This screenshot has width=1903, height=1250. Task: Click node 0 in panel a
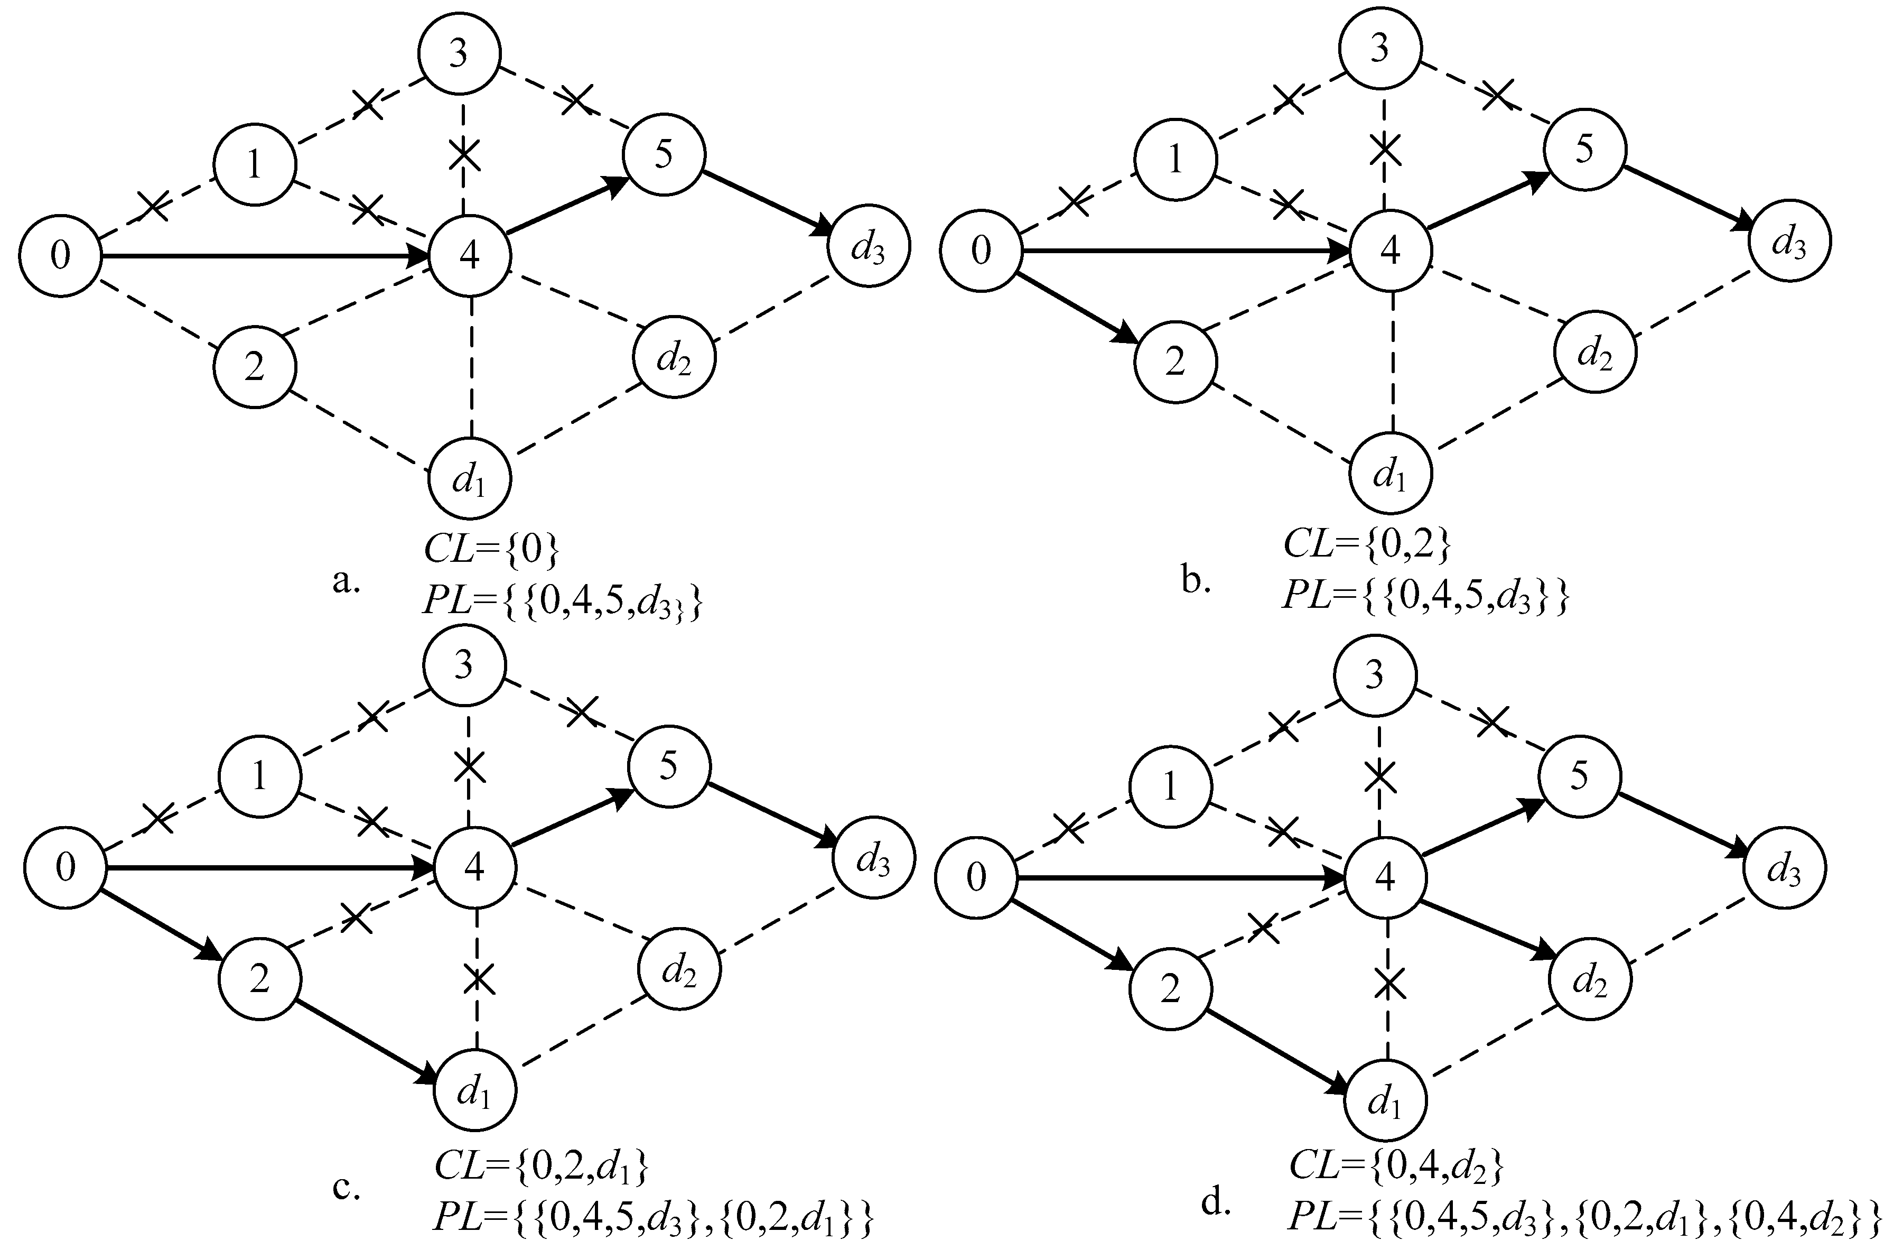click(x=60, y=255)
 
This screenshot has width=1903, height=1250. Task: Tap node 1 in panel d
click(x=1169, y=786)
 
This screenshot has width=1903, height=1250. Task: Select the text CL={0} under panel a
click(x=491, y=550)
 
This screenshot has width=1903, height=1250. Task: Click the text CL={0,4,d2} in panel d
click(x=1396, y=1167)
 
